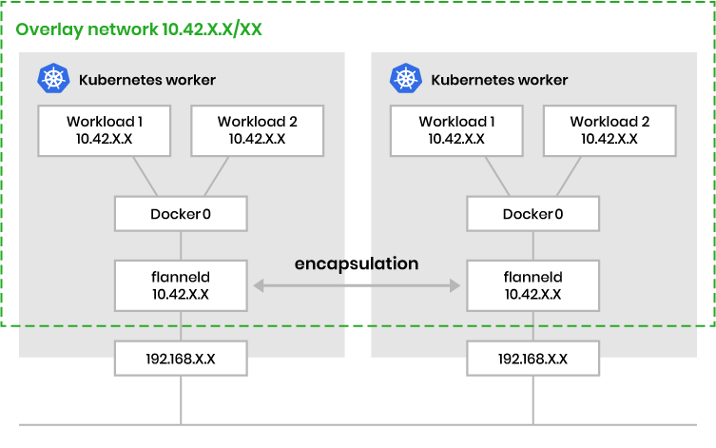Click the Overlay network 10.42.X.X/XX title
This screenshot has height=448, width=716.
pos(139,29)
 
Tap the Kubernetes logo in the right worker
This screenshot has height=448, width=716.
pos(406,79)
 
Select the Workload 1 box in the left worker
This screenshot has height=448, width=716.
pos(105,130)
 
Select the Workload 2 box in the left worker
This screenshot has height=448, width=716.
pos(257,130)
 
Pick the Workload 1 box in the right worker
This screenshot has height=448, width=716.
pos(456,130)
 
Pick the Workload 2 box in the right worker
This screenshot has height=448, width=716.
pos(610,130)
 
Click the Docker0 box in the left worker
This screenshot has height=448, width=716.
pos(181,213)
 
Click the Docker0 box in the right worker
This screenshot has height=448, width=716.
pos(532,213)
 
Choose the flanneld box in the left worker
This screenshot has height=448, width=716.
pos(181,284)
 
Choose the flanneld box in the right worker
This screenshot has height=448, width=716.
pos(532,284)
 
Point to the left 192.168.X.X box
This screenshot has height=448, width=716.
pos(181,359)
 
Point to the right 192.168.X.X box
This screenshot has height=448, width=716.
pos(532,359)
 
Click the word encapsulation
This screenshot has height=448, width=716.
pos(357,263)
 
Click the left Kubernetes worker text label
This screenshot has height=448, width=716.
pos(147,80)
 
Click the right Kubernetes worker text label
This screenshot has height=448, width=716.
pos(499,80)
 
